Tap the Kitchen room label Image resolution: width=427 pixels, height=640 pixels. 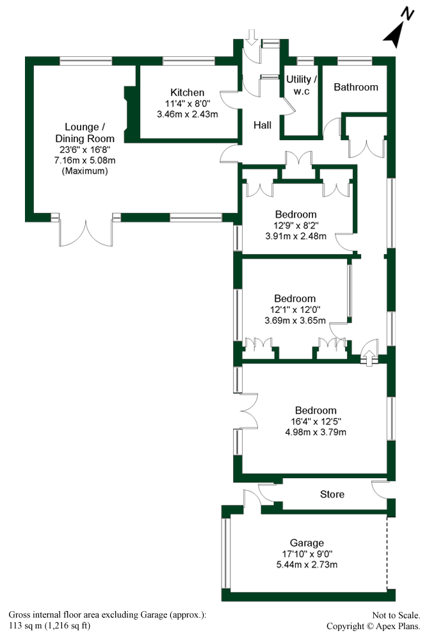187,93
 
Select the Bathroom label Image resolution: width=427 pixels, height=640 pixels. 356,87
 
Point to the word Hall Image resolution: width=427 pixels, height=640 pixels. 263,125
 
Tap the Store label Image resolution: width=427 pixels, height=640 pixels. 332,494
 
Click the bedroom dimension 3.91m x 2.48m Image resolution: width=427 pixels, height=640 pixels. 296,236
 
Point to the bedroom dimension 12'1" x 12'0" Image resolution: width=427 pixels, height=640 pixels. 295,310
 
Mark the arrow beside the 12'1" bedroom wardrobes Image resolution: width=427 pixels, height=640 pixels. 369,355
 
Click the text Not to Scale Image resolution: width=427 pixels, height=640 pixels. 396,615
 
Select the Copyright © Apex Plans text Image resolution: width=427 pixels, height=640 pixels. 373,626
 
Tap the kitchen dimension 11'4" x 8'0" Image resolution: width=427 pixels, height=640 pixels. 187,104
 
